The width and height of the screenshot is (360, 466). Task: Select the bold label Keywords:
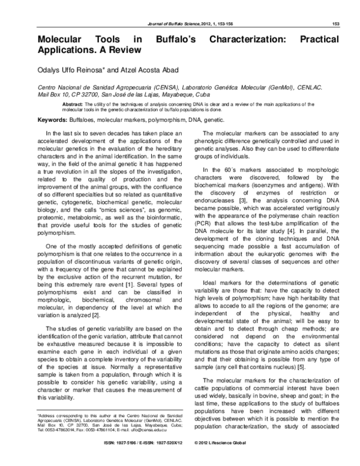[x=52, y=121]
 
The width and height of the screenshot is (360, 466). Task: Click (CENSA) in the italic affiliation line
[x=140, y=88]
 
